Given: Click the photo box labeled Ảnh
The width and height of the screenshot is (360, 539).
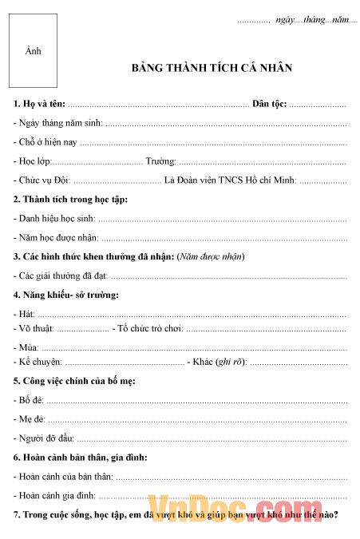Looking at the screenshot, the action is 33,51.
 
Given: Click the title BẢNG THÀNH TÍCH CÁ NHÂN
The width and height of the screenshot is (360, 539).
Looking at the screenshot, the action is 212,68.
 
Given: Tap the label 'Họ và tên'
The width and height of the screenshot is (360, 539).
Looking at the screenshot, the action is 39,105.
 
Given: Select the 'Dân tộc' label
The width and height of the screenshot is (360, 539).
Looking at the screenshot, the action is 269,105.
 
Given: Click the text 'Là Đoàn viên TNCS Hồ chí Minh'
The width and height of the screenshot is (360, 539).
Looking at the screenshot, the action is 230,180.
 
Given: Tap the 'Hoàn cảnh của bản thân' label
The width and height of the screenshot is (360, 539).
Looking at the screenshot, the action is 63,476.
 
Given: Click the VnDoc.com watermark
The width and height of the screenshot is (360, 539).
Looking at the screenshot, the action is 240,505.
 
